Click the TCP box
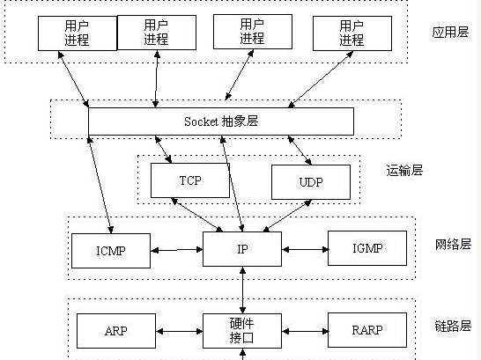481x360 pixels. click(190, 180)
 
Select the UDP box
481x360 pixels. click(311, 182)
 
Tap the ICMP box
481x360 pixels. click(111, 251)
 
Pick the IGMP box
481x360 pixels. click(367, 248)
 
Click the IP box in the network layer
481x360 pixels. click(242, 249)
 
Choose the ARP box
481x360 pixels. click(116, 331)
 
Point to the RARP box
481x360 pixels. click(367, 330)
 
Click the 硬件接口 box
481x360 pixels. click(242, 331)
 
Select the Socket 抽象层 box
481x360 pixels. click(221, 121)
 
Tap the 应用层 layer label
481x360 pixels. click(450, 32)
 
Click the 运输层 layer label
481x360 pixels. click(404, 171)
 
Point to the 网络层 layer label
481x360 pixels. click(453, 245)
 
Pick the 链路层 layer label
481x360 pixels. click(453, 326)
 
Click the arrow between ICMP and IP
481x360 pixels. click(177, 250)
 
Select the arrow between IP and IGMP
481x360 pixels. click(305, 250)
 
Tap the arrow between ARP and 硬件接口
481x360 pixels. click(179, 331)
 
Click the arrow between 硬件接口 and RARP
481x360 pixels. click(305, 331)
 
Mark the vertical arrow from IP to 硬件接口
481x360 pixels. click(242, 290)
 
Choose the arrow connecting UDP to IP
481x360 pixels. click(287, 216)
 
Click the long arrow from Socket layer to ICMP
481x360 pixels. click(100, 185)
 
